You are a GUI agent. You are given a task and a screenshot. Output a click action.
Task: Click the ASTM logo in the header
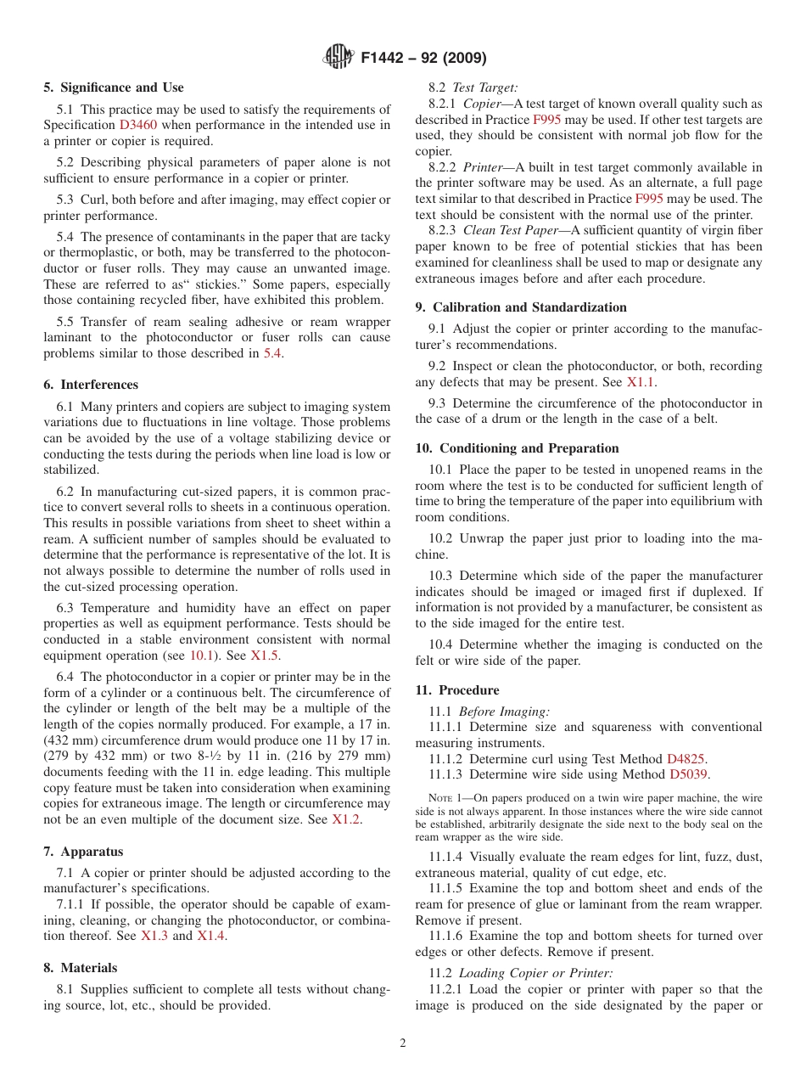point(339,58)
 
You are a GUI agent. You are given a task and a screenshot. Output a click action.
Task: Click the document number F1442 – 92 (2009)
point(423,59)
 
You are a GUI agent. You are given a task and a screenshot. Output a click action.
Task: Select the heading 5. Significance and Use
point(113,87)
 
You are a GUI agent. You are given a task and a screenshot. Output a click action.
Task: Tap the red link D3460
point(137,125)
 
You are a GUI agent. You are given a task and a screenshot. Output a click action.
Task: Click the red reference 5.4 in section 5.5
point(272,353)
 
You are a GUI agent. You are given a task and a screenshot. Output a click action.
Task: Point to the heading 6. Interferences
point(91,385)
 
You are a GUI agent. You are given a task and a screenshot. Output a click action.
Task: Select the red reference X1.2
point(346,819)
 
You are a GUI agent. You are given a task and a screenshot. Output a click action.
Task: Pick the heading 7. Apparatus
point(83,852)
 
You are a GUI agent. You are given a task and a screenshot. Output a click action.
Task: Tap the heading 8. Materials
point(81,968)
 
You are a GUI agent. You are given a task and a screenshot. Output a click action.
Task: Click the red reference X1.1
point(641,382)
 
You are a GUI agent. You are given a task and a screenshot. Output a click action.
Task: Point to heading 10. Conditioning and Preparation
point(517,448)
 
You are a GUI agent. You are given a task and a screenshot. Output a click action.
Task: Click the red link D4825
point(686,759)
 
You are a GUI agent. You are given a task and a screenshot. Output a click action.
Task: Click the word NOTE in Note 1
point(441,798)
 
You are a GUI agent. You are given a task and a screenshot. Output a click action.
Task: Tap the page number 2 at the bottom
point(403,1043)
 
